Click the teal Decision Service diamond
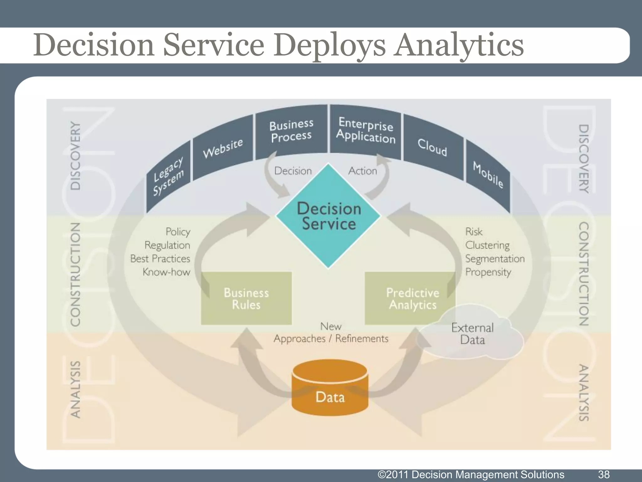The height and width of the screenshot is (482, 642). [x=328, y=216]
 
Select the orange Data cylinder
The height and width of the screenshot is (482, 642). [x=330, y=389]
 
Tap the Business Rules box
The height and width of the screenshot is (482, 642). [x=246, y=298]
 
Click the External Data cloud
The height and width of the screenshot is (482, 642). [x=472, y=334]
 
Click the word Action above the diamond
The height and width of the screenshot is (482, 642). [x=362, y=171]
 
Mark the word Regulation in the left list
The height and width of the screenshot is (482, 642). [x=167, y=245]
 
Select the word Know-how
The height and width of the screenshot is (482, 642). [x=166, y=272]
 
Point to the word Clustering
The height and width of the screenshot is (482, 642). [x=487, y=245]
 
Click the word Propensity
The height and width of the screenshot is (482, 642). [x=488, y=272]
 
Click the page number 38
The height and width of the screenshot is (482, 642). [x=604, y=474]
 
